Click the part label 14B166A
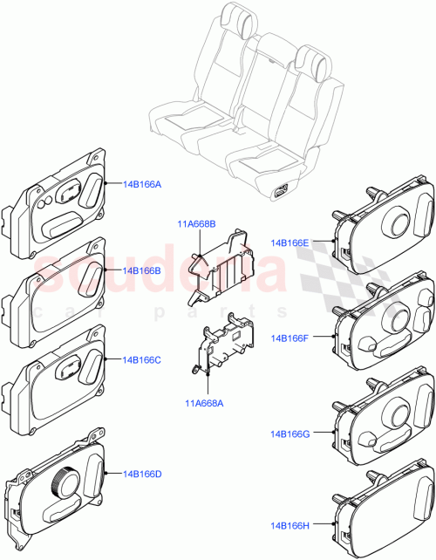(142, 185)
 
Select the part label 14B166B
(142, 271)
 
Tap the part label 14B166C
(142, 359)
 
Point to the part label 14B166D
(142, 474)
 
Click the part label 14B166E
(290, 242)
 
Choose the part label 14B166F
(290, 337)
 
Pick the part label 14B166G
(290, 433)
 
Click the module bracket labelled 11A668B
(225, 265)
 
